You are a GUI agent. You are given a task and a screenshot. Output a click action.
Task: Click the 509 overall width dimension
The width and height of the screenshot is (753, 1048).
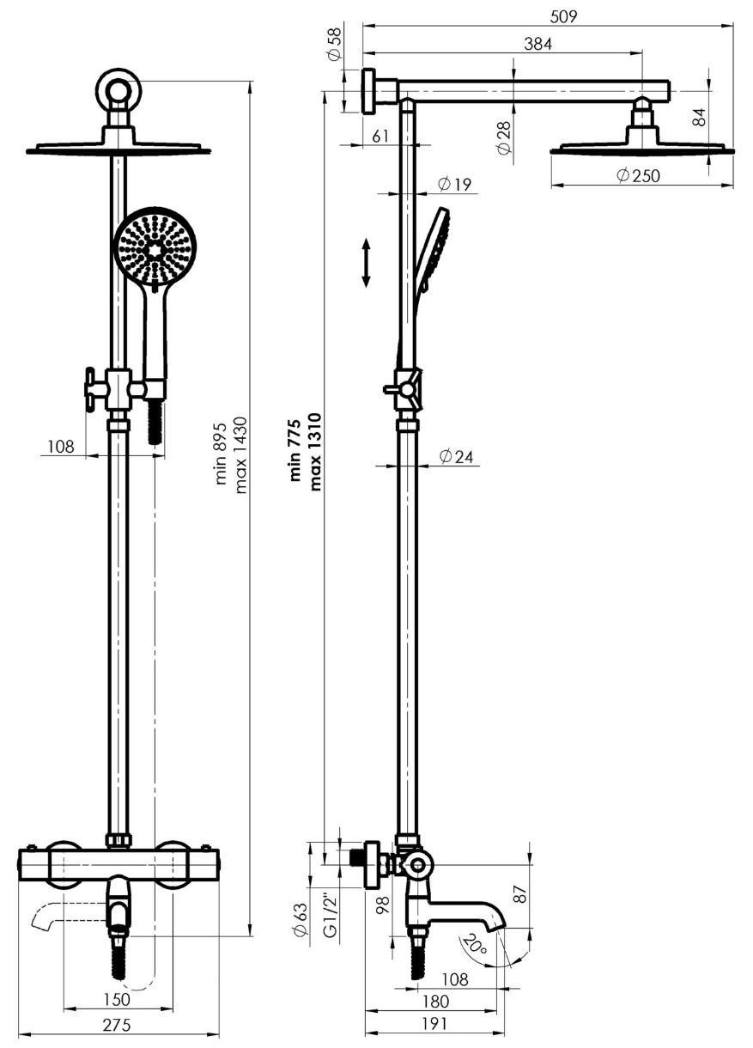pos(563,16)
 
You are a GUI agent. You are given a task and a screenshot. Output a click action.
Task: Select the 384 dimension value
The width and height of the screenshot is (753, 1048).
pos(537,44)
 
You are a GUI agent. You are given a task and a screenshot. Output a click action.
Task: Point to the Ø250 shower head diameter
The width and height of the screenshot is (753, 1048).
pos(638,176)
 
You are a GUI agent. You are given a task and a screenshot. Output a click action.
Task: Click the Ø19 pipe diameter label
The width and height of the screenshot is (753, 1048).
pos(455,185)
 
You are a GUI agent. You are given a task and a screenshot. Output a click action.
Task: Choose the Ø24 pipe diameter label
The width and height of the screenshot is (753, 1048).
pos(457,456)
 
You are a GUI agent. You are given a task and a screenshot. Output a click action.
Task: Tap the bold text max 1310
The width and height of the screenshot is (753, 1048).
pos(316,452)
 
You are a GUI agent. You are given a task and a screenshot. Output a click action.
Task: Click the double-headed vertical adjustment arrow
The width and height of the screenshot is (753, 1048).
pos(366,263)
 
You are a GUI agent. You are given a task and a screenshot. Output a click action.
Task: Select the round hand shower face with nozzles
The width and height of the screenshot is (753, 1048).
pos(155,247)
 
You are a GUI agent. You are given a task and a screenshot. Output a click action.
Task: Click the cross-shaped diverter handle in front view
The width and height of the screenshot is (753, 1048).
pos(97,389)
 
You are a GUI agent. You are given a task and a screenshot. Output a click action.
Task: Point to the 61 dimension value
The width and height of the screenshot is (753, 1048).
pos(380,136)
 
